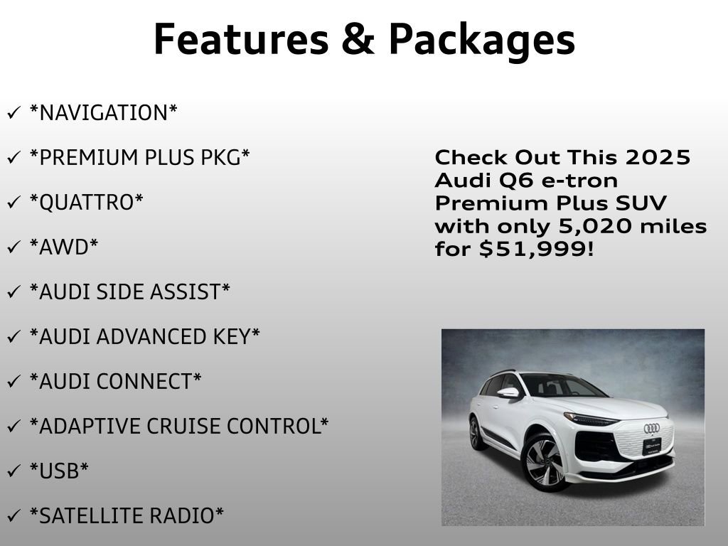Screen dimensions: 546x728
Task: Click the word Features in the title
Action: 239,39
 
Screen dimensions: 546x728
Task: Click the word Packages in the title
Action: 481,41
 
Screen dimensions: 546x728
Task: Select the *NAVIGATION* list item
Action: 103,113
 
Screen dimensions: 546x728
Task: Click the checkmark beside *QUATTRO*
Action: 14,203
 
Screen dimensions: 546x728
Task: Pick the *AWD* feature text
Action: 64,247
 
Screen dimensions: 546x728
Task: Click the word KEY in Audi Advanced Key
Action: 235,337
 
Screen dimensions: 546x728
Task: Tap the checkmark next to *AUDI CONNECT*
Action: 14,382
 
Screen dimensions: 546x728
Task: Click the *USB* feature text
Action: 59,471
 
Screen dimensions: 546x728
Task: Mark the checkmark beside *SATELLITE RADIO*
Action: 14,516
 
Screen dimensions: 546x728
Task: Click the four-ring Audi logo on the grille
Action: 651,428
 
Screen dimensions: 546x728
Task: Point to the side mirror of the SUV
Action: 508,392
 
